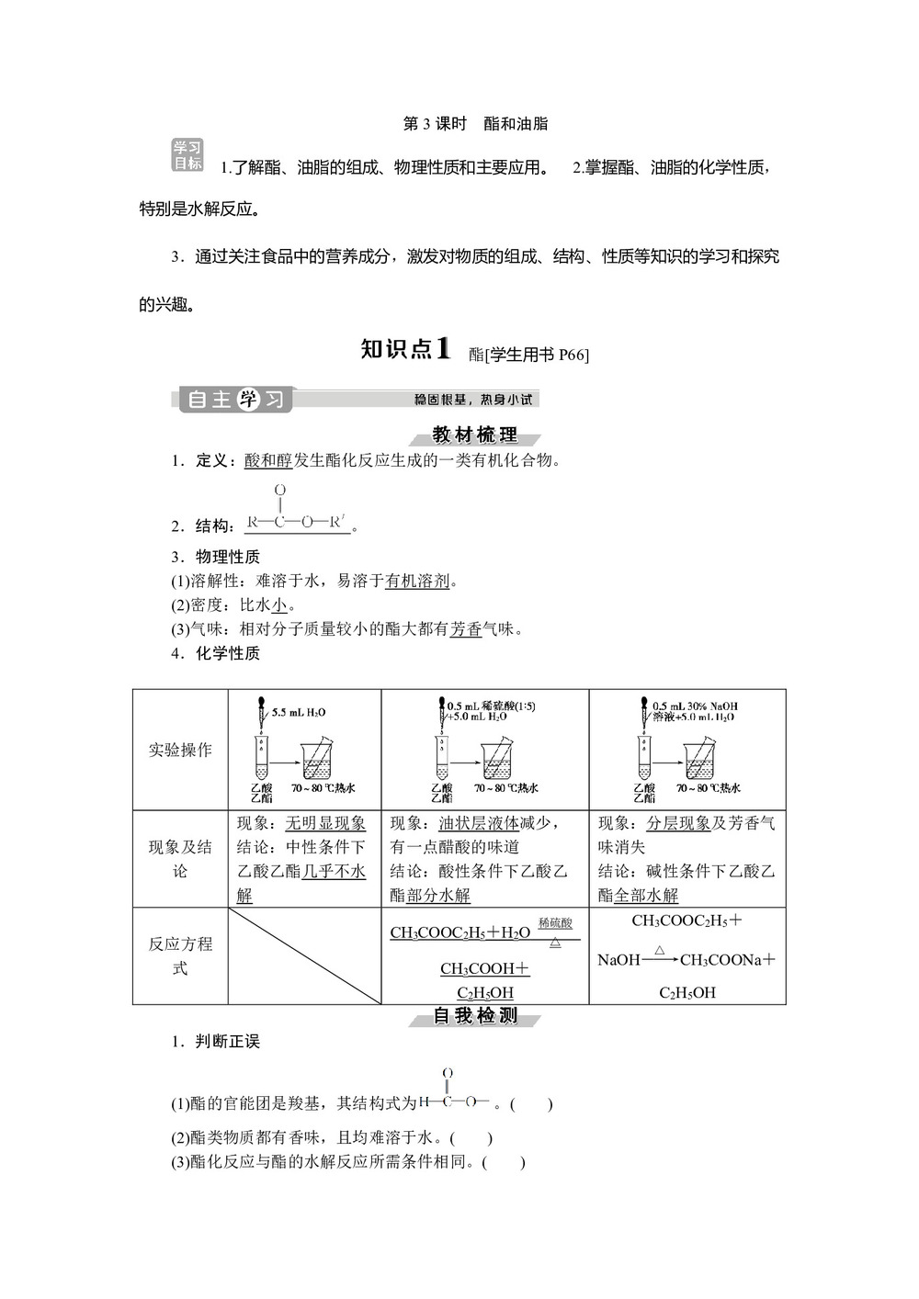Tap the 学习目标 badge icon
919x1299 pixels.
pos(187,155)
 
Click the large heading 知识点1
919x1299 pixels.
pos(405,349)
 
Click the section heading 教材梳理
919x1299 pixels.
pos(475,435)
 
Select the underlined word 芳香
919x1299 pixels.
pos(466,629)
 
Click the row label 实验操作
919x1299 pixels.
pos(180,750)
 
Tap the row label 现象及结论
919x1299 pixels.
pos(180,858)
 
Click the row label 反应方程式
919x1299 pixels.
pos(180,955)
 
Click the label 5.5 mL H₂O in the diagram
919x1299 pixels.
pos(299,712)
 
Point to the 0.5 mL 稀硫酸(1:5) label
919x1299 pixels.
pos(491,706)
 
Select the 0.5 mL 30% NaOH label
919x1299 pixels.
pos(695,706)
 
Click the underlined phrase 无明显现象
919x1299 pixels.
pos(325,823)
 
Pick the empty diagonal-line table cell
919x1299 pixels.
pos(304,955)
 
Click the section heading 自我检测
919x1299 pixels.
pos(475,1016)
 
